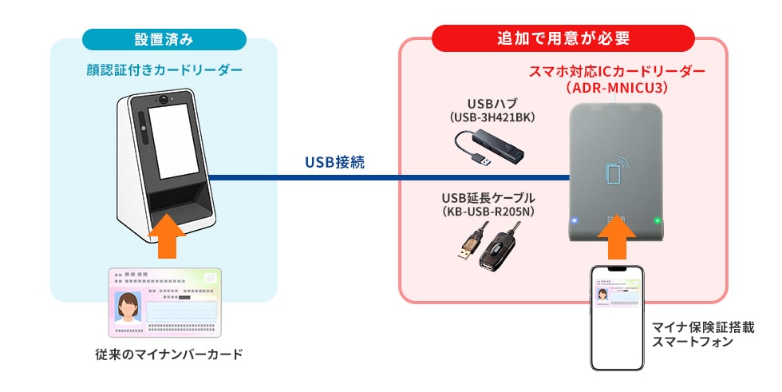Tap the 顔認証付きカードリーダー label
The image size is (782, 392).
[164, 70]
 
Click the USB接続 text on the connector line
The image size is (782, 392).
[334, 162]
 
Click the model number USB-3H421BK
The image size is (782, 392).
[492, 117]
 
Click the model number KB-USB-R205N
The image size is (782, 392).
[488, 211]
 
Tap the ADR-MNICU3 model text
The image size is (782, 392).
[617, 86]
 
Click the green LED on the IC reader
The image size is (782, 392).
[657, 221]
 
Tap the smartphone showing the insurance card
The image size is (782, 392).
[616, 316]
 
